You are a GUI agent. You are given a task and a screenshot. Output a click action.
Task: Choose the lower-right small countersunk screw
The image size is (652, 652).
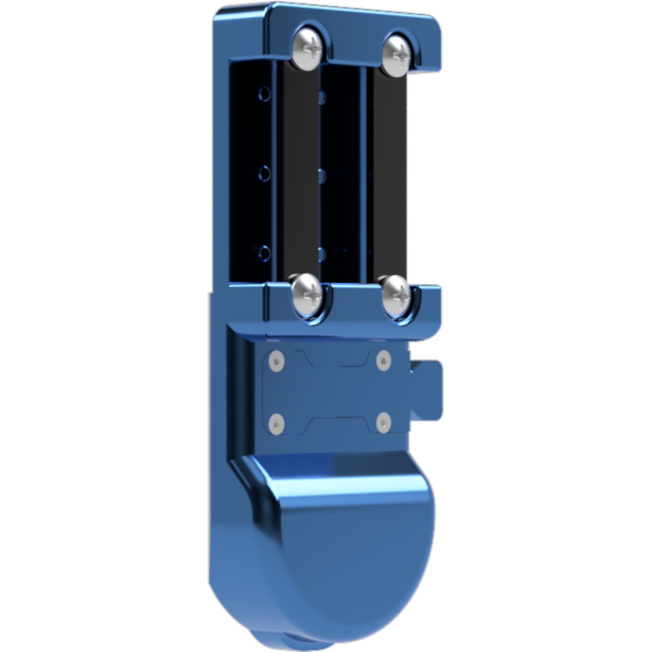pyautogui.click(x=383, y=423)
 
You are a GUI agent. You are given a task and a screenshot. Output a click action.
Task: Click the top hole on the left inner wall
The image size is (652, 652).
pyautogui.click(x=265, y=95)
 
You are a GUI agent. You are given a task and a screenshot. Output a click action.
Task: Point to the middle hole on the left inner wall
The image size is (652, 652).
pyautogui.click(x=265, y=173)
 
